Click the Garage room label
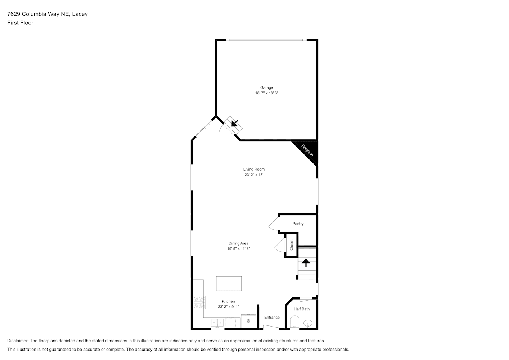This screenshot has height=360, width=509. coord(266,87)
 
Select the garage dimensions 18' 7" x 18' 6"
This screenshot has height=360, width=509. coord(266,93)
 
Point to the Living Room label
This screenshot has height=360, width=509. coord(254,169)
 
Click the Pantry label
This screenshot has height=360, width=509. coord(298,224)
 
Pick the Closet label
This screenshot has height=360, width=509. coord(292,245)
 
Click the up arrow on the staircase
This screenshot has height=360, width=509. coord(306,263)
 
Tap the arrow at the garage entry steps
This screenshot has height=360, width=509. coord(234,123)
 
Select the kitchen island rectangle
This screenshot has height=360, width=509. coord(229,283)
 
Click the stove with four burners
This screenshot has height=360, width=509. coord(199,302)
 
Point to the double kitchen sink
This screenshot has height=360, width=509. coord(217,323)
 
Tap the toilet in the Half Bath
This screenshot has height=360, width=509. coord(295,321)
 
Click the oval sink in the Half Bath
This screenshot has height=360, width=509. coord(308,323)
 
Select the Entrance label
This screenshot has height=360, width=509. coord(272,317)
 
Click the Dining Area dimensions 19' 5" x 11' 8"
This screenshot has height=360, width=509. coord(238,249)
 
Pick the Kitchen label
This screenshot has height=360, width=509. coord(228,301)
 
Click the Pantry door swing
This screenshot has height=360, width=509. coord(273,224)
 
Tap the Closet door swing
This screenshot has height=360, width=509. coord(279,245)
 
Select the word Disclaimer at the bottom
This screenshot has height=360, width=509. coord(18,341)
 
